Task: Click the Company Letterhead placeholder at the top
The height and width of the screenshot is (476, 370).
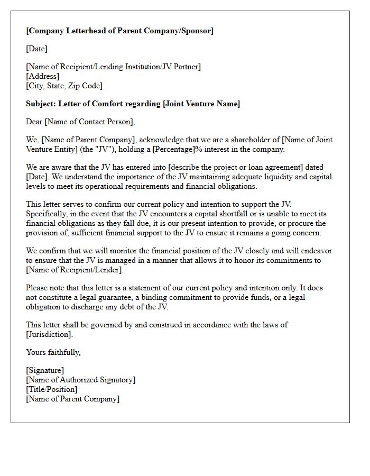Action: pyautogui.click(x=119, y=31)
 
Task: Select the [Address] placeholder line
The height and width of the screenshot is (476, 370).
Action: pyautogui.click(x=43, y=76)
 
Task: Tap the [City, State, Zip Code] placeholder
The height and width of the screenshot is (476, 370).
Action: pyautogui.click(x=64, y=86)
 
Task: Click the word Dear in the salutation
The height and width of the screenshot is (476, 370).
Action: pyautogui.click(x=34, y=122)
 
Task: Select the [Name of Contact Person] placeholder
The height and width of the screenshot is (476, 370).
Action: pyautogui.click(x=89, y=122)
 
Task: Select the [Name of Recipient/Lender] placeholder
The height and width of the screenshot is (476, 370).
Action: pyautogui.click(x=75, y=270)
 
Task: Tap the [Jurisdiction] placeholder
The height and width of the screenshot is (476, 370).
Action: pyautogui.click(x=49, y=334)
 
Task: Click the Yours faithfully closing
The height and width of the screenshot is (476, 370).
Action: pyautogui.click(x=53, y=352)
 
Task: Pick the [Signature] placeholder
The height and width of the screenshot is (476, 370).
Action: pyautogui.click(x=45, y=370)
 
